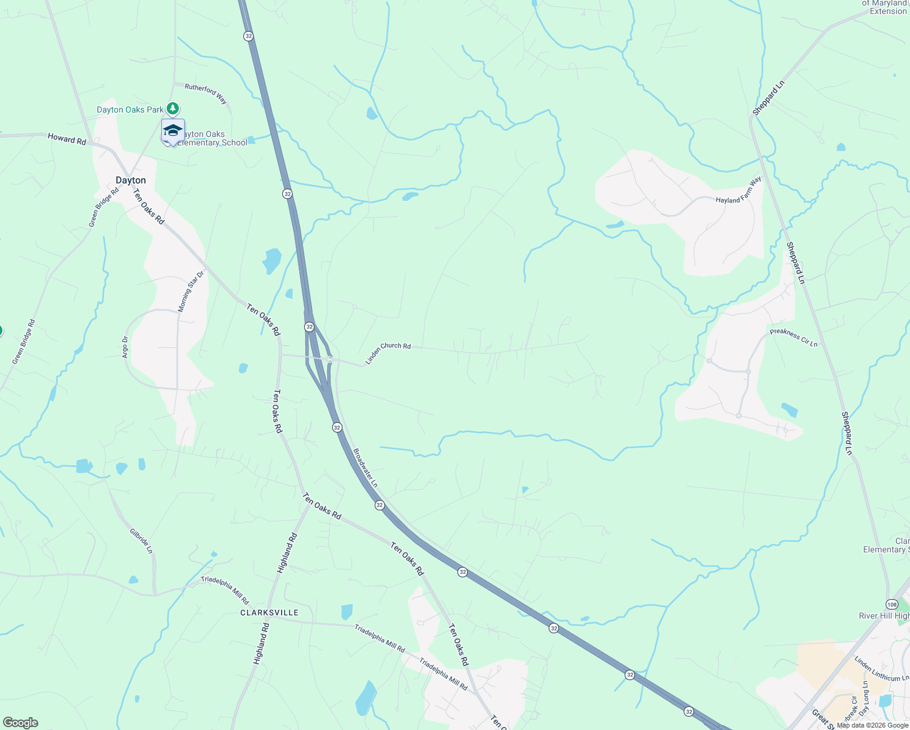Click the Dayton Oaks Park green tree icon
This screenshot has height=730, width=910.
[x=173, y=109]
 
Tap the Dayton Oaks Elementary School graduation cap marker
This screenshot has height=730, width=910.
[x=173, y=131]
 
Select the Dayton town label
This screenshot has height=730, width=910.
[x=131, y=180]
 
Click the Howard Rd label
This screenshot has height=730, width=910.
[x=67, y=139]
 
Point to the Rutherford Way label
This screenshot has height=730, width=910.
[x=206, y=93]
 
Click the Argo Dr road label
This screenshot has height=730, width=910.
[x=125, y=347]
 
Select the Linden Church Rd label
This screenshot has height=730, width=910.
[x=388, y=353]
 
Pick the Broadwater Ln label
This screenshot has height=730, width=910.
[x=366, y=468]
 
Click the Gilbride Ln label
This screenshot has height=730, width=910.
[x=141, y=540]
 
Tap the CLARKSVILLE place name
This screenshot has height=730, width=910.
[x=269, y=613]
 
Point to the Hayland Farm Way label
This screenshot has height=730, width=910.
[x=738, y=190]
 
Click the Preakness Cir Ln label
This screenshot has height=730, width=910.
[x=794, y=338]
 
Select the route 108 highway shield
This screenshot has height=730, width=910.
[x=892, y=604]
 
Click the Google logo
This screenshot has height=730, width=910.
[x=20, y=723]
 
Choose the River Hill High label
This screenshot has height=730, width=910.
[x=884, y=616]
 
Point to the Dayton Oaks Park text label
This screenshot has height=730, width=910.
[x=130, y=109]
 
